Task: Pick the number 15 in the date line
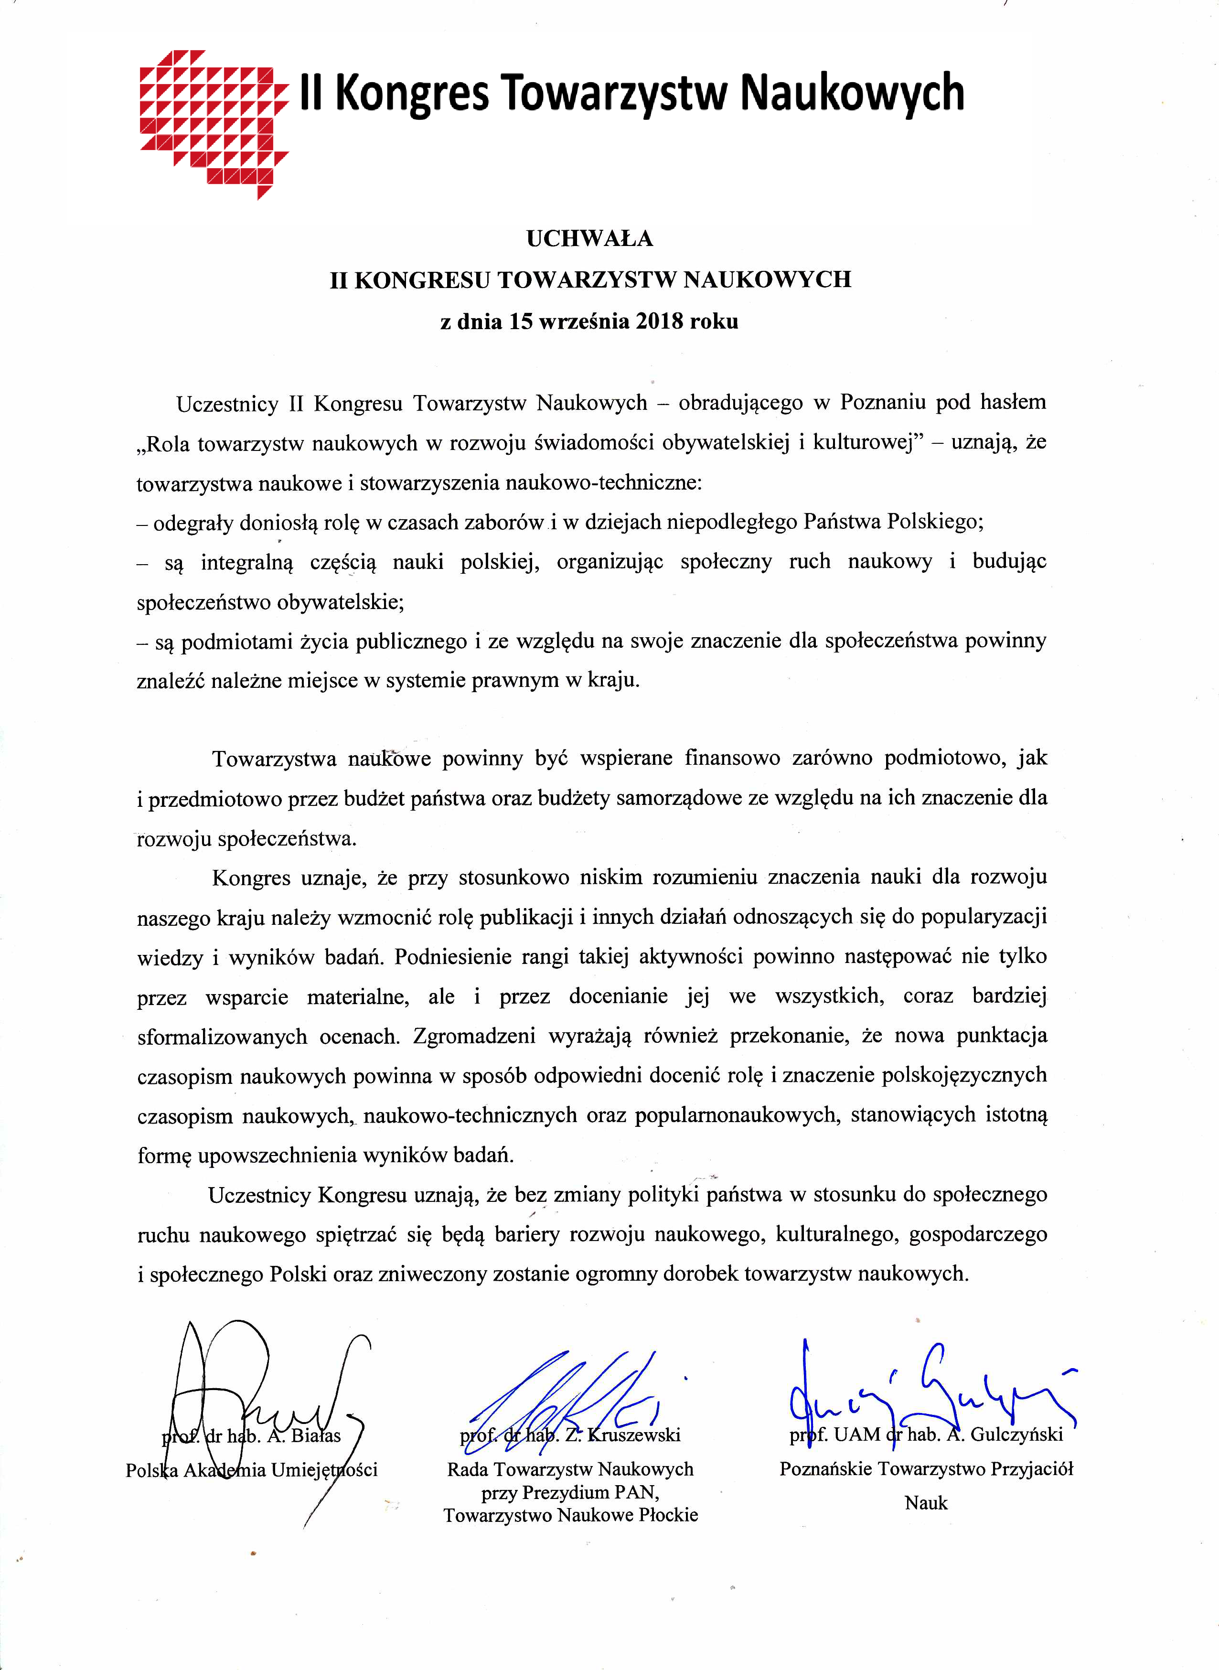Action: tap(520, 322)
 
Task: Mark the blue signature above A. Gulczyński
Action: tap(930, 1387)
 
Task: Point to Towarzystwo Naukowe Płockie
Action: tap(570, 1515)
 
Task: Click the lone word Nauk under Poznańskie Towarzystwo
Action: tap(926, 1503)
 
